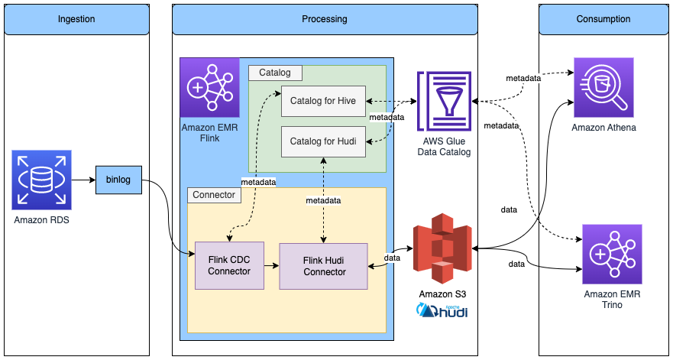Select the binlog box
pyautogui.click(x=118, y=180)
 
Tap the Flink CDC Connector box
pyautogui.click(x=228, y=265)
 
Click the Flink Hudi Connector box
pyautogui.click(x=324, y=265)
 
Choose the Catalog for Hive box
pyautogui.click(x=324, y=101)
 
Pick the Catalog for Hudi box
pyautogui.click(x=324, y=141)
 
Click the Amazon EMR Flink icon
pyautogui.click(x=209, y=87)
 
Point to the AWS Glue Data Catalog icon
pyautogui.click(x=443, y=101)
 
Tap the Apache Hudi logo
pyautogui.click(x=443, y=310)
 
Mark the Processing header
pyautogui.click(x=325, y=18)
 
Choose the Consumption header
pyautogui.click(x=603, y=18)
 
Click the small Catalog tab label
pyautogui.click(x=275, y=73)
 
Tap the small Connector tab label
pyautogui.click(x=215, y=195)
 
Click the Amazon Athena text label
pyautogui.click(x=604, y=128)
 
